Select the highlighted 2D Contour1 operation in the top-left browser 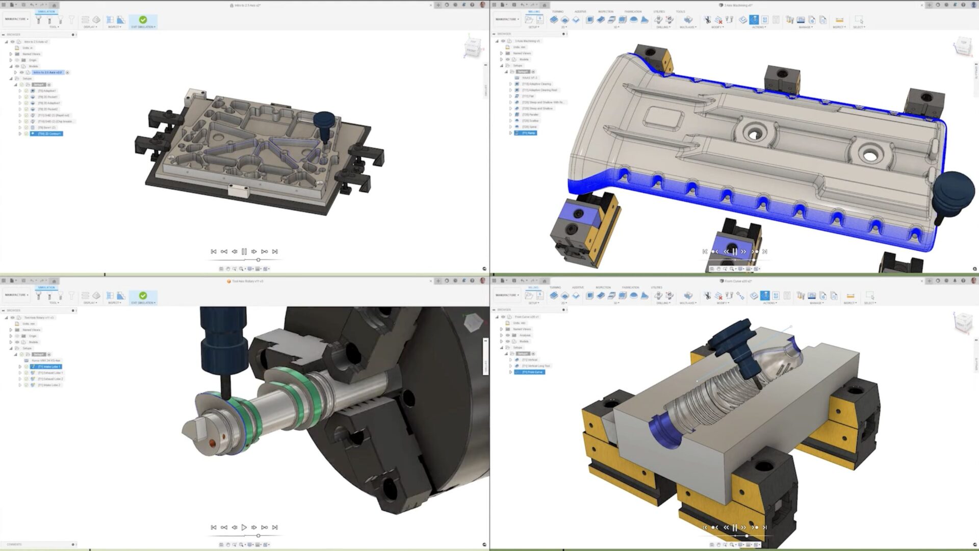(x=49, y=134)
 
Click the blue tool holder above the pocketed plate (x=324, y=122)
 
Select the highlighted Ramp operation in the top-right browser (x=528, y=133)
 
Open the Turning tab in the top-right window (x=557, y=11)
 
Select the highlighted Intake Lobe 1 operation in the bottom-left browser (x=48, y=366)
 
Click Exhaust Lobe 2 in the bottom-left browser (x=50, y=379)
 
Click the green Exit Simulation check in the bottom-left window (x=143, y=296)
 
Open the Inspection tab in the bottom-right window (x=603, y=287)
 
